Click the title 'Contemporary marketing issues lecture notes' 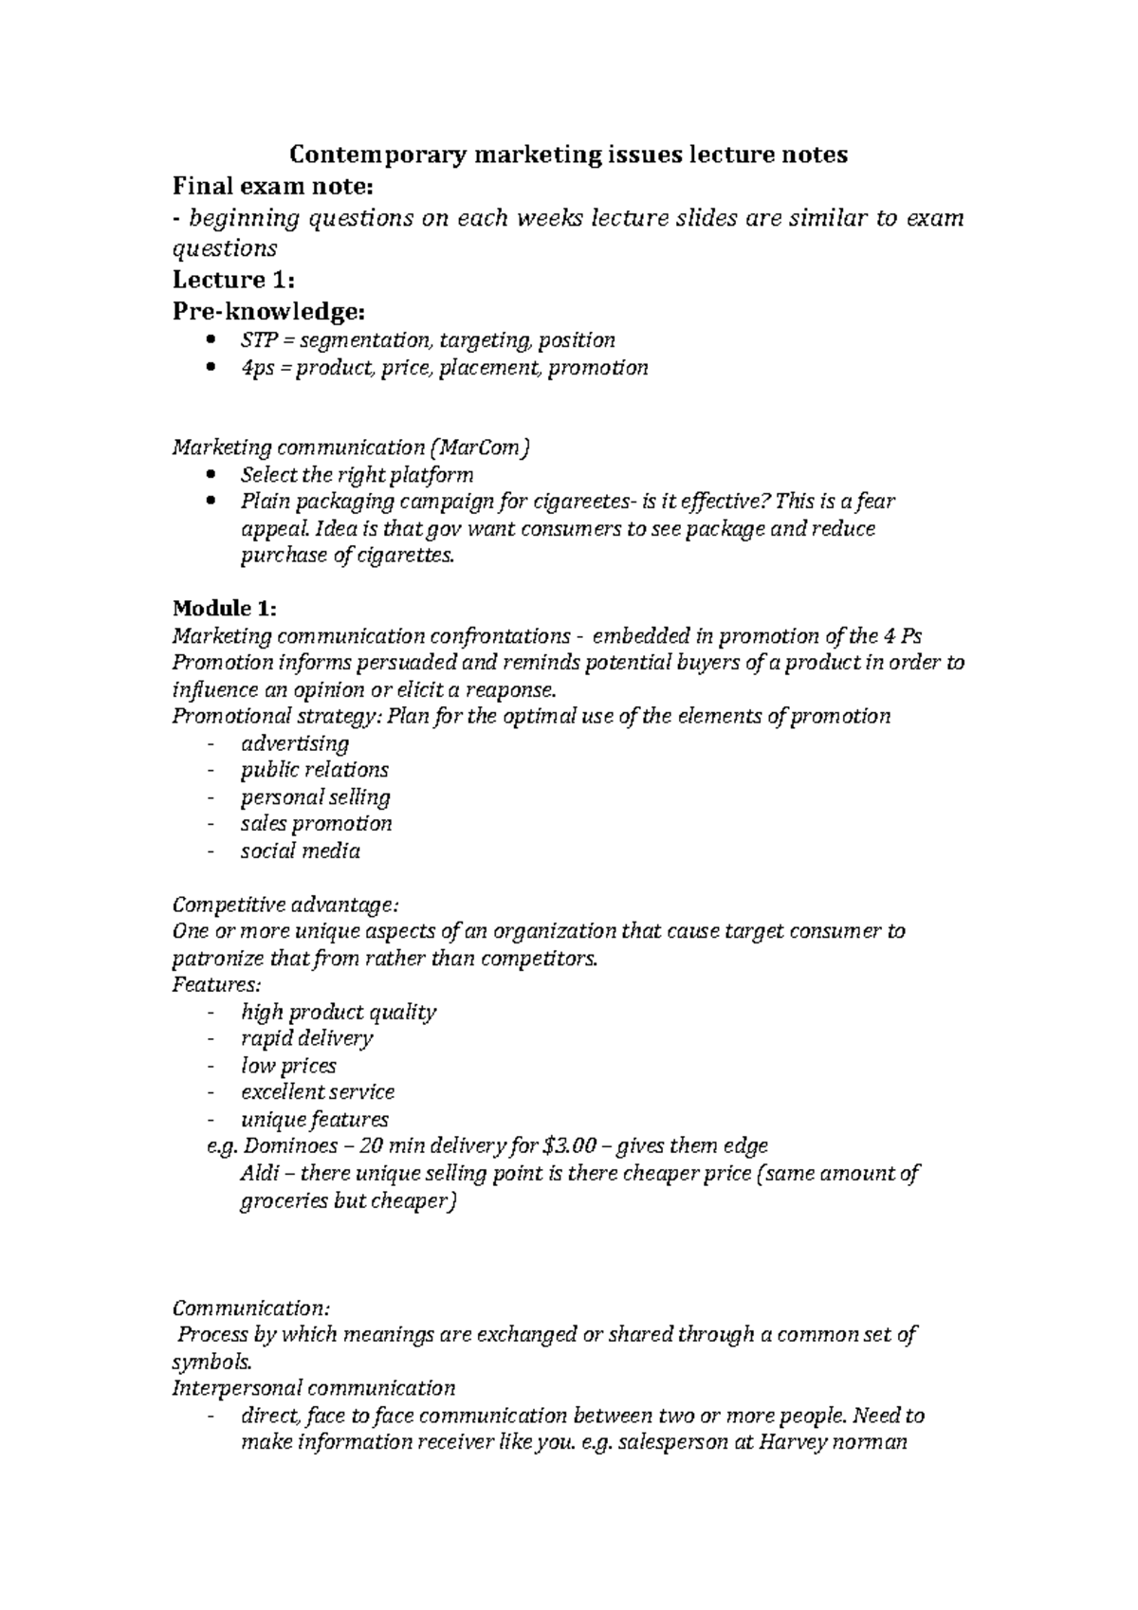pos(568,155)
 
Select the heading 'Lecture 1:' pos(233,280)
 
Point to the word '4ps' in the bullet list pos(256,368)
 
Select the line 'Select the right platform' pos(357,474)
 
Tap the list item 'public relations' pos(314,770)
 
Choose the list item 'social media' pos(300,851)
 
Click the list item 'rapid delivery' pos(306,1038)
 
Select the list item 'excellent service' pos(318,1091)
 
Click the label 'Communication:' pos(250,1308)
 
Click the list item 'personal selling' pos(315,796)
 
